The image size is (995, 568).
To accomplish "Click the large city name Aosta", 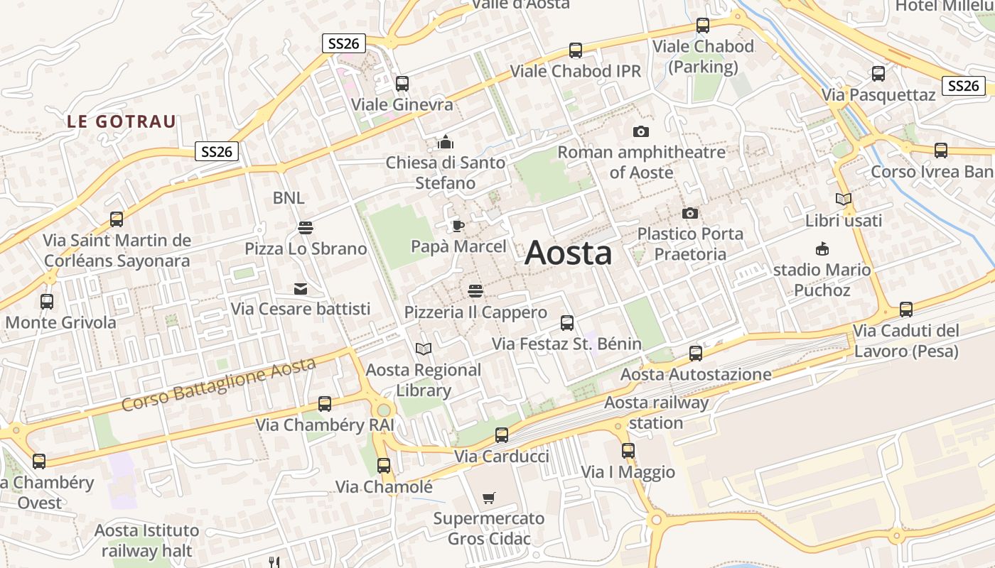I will [x=568, y=253].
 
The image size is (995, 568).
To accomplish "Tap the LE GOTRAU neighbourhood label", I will [x=121, y=121].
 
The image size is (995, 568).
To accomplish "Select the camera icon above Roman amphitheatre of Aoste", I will [x=640, y=131].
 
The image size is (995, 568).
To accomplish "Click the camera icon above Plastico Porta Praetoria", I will [x=689, y=213].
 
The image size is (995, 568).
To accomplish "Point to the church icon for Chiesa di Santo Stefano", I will [x=446, y=142].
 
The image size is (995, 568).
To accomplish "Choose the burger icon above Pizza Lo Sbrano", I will [x=306, y=228].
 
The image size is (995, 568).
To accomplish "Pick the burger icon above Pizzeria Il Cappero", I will [x=475, y=291].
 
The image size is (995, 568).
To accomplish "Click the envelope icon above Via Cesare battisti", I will [x=301, y=289].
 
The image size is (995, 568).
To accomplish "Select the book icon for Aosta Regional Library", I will [x=424, y=349].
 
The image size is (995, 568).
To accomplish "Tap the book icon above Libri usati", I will [x=844, y=200].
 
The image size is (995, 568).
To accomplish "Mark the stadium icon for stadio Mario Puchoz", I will [x=822, y=249].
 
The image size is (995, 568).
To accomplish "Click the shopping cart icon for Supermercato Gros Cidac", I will [x=488, y=498].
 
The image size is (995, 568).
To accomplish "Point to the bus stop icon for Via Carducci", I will [x=502, y=435].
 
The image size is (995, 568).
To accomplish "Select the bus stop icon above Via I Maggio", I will [x=628, y=451].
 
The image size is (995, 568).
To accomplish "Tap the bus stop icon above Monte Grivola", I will [x=47, y=302].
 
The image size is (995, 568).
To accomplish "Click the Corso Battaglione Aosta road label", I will [x=218, y=385].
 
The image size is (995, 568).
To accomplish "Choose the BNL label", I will [x=289, y=197].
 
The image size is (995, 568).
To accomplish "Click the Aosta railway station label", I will [x=656, y=413].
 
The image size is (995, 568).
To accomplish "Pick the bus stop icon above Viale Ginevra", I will [x=402, y=84].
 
